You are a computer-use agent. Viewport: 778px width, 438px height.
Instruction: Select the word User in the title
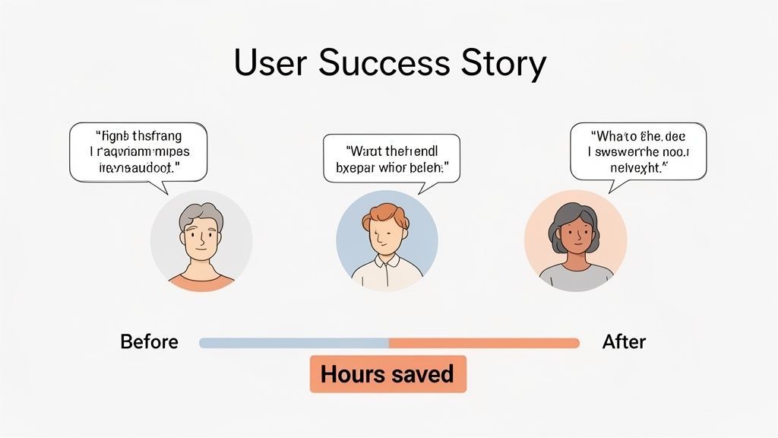pos(270,64)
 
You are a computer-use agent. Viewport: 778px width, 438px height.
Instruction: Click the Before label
pos(149,342)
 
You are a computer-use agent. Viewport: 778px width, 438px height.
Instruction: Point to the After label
pos(624,342)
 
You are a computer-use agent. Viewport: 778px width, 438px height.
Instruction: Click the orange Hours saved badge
pos(387,374)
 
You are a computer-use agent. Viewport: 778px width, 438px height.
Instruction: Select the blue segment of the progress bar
pos(294,343)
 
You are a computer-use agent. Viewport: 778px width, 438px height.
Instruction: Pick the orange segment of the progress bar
pos(484,343)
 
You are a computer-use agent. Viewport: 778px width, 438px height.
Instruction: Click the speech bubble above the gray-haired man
pos(138,151)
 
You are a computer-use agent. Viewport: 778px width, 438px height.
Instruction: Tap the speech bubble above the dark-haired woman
pos(638,151)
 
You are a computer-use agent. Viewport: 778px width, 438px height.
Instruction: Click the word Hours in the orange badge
pos(349,374)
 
